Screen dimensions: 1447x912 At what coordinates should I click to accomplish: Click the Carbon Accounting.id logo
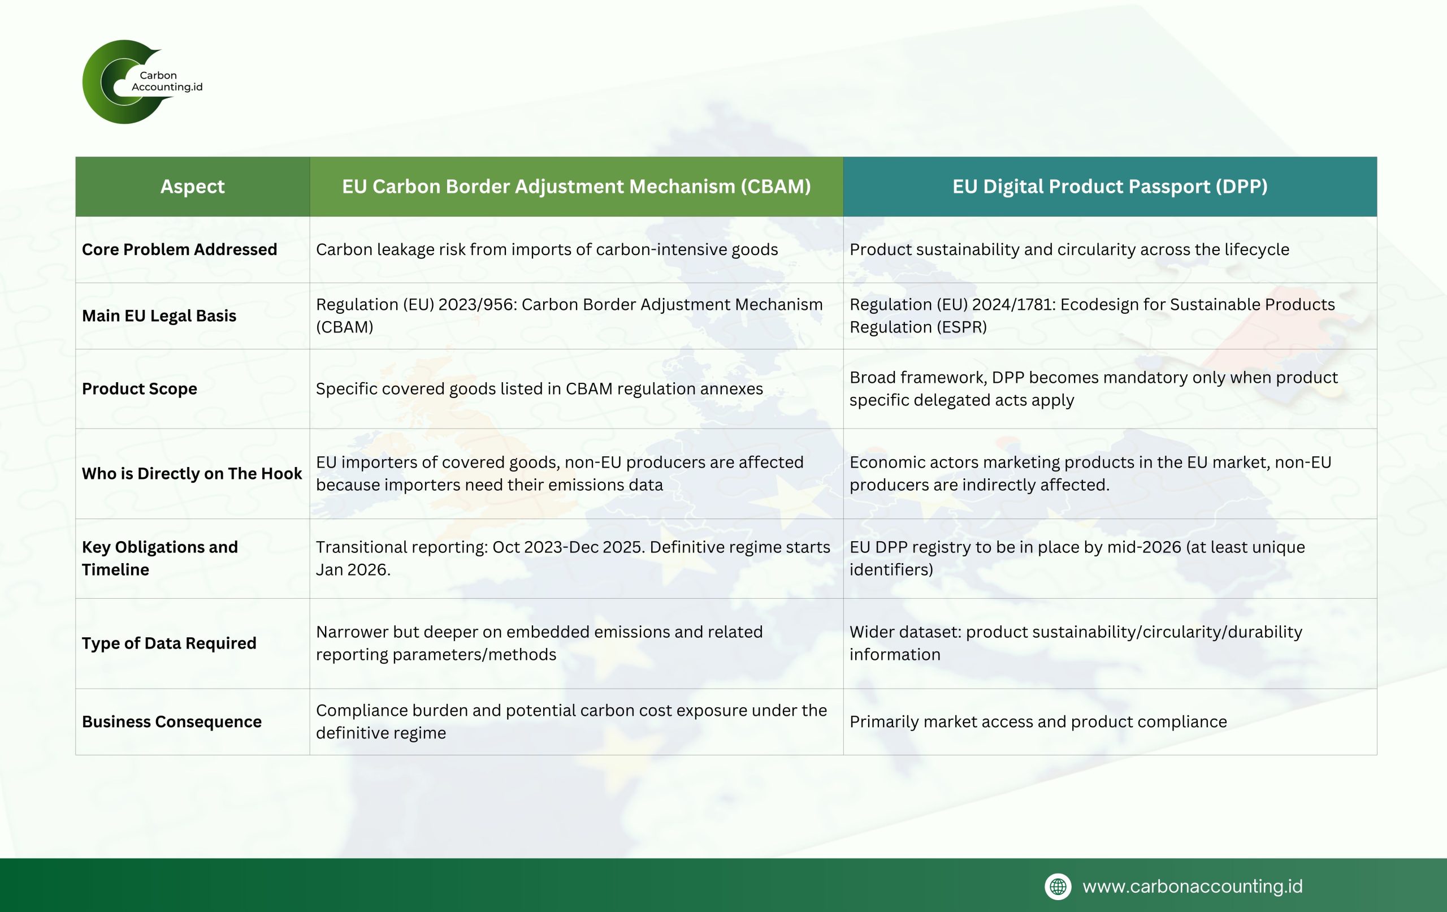[x=142, y=82]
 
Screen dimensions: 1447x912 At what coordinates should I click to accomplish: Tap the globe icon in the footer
[x=1058, y=886]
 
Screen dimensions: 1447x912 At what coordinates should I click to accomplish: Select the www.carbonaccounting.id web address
[x=1192, y=886]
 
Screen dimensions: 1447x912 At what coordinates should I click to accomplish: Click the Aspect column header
[x=192, y=187]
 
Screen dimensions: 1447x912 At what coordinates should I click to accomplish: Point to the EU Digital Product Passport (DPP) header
[x=1110, y=187]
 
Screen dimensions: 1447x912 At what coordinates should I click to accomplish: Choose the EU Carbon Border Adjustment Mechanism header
[x=577, y=187]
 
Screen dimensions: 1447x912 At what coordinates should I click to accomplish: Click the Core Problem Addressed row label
[x=179, y=249]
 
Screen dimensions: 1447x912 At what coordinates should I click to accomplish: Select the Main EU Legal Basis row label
[x=159, y=315]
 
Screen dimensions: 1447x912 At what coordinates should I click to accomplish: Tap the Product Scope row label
[x=140, y=389]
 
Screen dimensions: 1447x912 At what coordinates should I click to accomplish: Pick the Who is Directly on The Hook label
[x=192, y=474]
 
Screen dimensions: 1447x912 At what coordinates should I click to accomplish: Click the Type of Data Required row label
[x=169, y=643]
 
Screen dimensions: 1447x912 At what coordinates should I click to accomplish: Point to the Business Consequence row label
[x=171, y=721]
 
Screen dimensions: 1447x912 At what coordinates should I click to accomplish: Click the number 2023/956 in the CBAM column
[x=476, y=305]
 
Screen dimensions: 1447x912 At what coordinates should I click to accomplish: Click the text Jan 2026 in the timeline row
[x=351, y=569]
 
